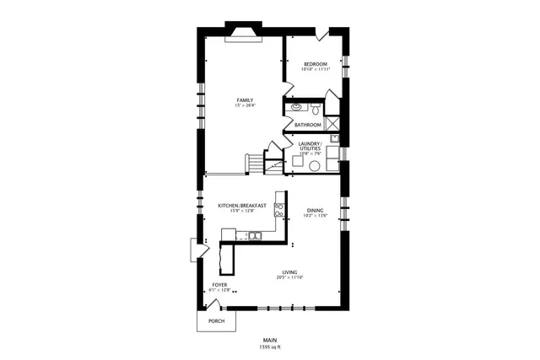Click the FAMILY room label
pos(245,100)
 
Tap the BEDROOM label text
pos(316,64)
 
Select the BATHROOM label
pos(308,126)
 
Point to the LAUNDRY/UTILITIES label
pos(310,145)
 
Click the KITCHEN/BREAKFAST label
pos(242,205)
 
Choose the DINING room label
pos(315,211)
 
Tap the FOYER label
pos(219,285)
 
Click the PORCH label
pos(216,321)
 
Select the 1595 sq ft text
pos(269,347)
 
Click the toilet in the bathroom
pos(315,109)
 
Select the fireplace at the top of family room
pos(243,33)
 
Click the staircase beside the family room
pos(256,163)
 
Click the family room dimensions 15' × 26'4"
pos(245,105)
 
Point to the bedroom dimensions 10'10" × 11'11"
pos(316,69)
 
